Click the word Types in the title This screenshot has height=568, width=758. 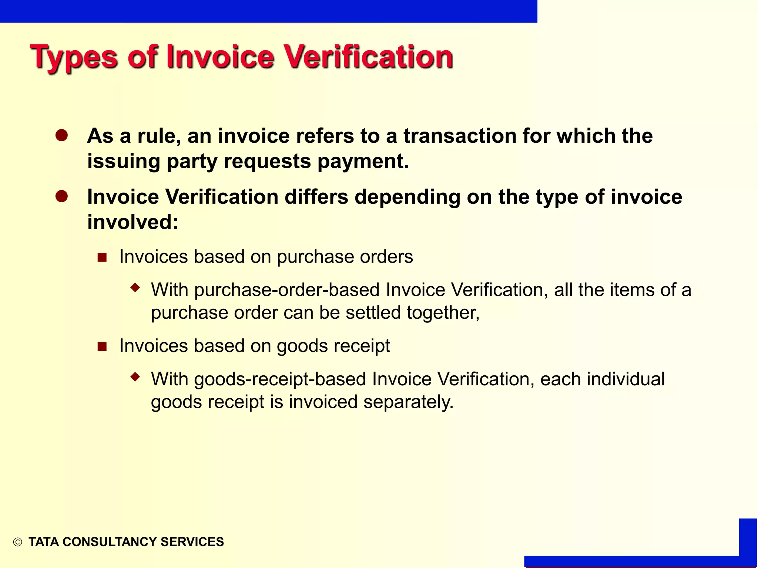point(74,57)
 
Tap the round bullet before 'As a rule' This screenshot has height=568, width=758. point(61,135)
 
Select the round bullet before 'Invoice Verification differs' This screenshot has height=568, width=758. point(61,196)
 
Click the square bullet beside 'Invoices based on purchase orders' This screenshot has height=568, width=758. point(102,257)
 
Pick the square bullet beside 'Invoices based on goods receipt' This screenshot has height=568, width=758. point(102,346)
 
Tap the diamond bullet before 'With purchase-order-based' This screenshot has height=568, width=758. point(135,287)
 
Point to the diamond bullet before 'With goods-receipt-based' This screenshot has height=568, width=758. point(135,377)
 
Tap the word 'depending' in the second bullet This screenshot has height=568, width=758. point(407,197)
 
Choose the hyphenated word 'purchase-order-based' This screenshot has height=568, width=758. point(287,290)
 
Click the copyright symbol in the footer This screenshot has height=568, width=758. point(17,542)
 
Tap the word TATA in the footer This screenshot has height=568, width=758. point(44,542)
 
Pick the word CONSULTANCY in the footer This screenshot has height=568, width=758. point(110,542)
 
